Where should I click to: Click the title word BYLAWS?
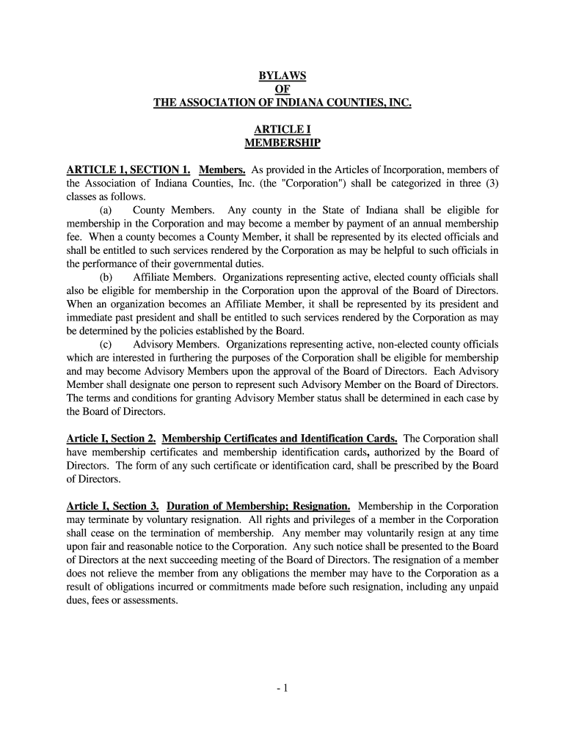point(282,77)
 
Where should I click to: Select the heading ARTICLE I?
point(282,130)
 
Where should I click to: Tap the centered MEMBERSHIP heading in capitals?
point(282,143)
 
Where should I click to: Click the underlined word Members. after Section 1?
point(222,171)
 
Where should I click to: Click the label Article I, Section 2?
point(110,439)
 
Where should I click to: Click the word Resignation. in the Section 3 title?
point(321,506)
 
